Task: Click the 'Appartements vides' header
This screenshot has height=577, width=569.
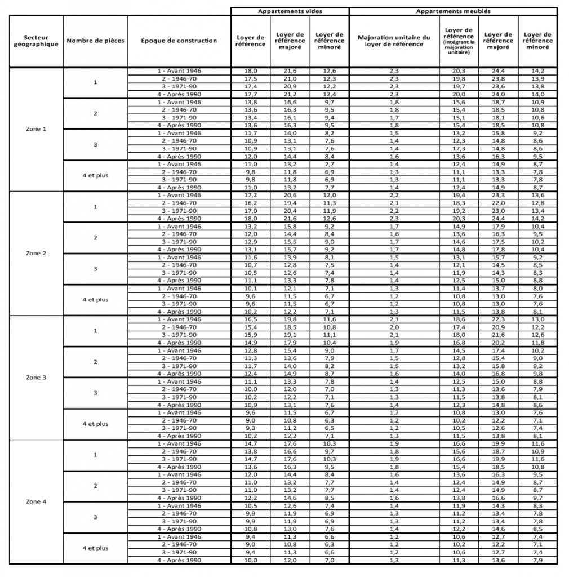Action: coord(290,11)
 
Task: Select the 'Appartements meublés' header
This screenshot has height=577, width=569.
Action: coord(453,11)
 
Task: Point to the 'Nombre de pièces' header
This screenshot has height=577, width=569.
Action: coord(95,41)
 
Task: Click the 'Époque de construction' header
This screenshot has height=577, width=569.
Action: coord(179,41)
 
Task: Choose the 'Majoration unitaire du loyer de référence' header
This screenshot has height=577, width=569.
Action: coord(394,41)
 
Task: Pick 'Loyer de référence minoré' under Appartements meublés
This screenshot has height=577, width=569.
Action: coord(537,41)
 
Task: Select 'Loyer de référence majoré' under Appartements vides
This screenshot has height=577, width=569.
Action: coord(290,41)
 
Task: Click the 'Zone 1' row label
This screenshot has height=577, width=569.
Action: coord(36,129)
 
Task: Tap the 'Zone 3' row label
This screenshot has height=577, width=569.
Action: coord(36,378)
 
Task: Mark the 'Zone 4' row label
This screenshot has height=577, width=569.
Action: coord(36,501)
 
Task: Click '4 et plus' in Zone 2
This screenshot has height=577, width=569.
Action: coord(95,300)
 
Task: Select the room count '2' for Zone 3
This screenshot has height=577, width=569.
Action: coord(95,362)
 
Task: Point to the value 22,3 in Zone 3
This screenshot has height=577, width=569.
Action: coord(499,319)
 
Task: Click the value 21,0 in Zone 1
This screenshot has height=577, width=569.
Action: coord(290,78)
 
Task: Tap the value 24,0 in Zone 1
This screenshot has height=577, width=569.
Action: coord(499,94)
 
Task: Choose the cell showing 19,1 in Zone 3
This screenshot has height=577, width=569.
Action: coord(290,335)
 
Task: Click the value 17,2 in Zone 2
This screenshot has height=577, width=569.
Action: coord(250,195)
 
